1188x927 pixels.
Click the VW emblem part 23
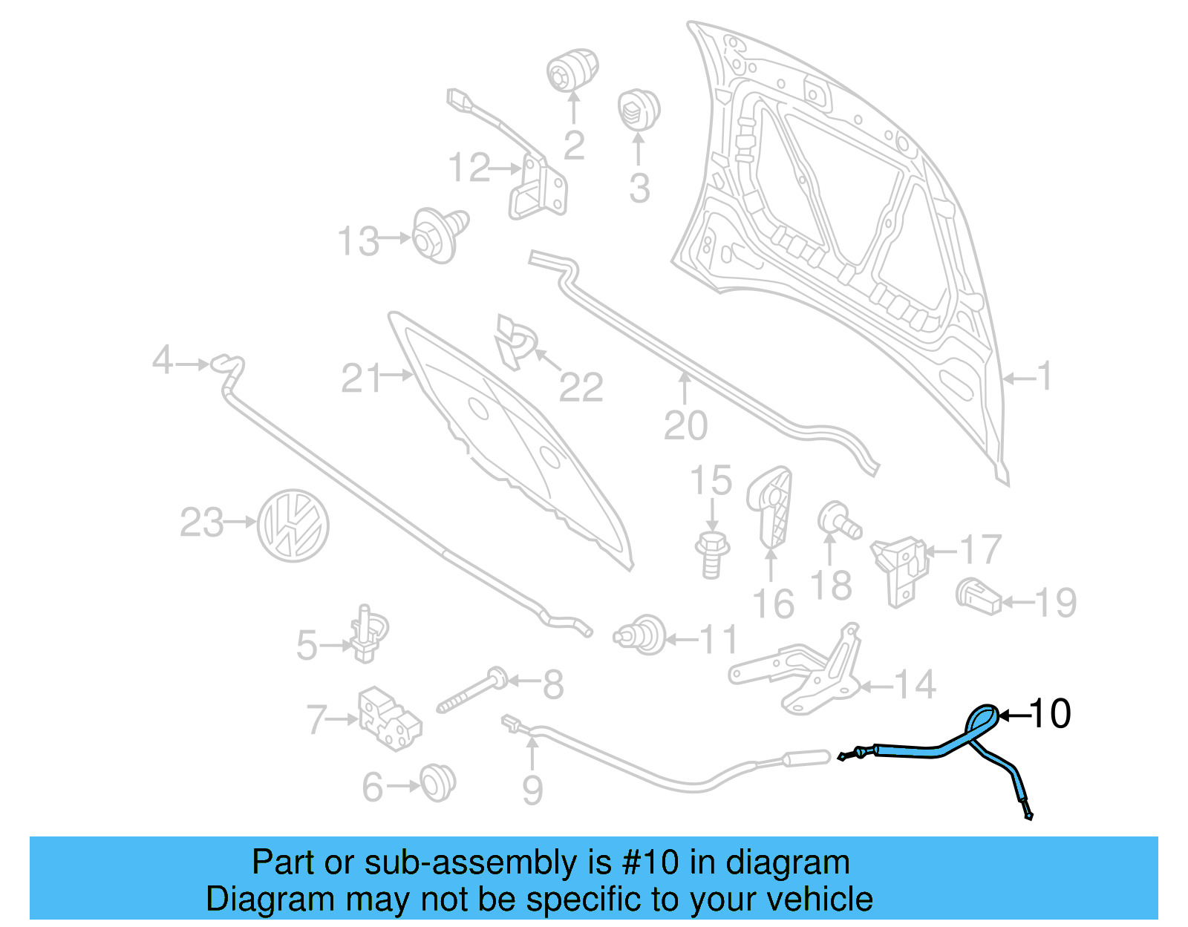[293, 525]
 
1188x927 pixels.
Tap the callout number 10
[1051, 714]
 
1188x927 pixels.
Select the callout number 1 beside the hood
[1045, 376]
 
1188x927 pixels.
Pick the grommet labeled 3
[639, 109]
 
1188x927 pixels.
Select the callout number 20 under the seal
[685, 426]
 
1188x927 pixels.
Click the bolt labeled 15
[712, 554]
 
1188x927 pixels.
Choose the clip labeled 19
[978, 596]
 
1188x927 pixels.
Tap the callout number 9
[532, 790]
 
